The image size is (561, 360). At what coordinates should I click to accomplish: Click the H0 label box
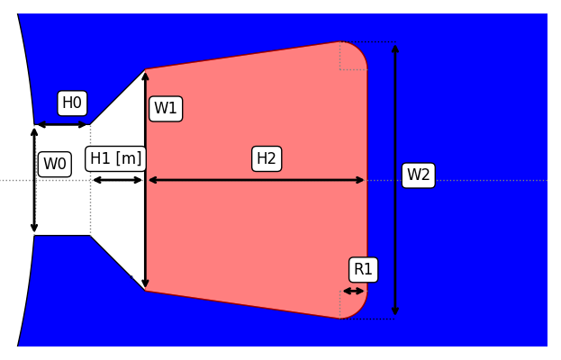click(72, 103)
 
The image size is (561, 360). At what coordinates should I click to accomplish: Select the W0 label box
click(55, 165)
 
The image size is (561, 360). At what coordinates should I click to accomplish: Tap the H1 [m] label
click(116, 159)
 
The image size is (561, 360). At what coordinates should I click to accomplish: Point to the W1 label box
click(166, 109)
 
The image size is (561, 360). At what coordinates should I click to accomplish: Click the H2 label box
click(267, 159)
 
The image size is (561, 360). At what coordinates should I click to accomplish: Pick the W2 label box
click(418, 175)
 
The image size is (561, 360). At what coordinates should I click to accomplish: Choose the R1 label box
click(363, 270)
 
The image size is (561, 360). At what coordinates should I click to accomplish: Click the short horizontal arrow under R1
click(353, 291)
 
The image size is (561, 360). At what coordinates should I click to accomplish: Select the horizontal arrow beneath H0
click(62, 124)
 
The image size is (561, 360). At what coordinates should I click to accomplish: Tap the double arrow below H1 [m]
click(117, 180)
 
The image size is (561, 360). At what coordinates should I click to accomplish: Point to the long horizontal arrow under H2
click(256, 180)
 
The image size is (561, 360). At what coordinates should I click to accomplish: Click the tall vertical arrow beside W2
click(395, 180)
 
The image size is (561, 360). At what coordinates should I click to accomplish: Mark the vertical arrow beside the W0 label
click(34, 180)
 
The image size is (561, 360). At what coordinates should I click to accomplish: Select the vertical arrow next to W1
click(145, 180)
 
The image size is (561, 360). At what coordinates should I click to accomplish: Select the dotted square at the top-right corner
click(353, 56)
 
